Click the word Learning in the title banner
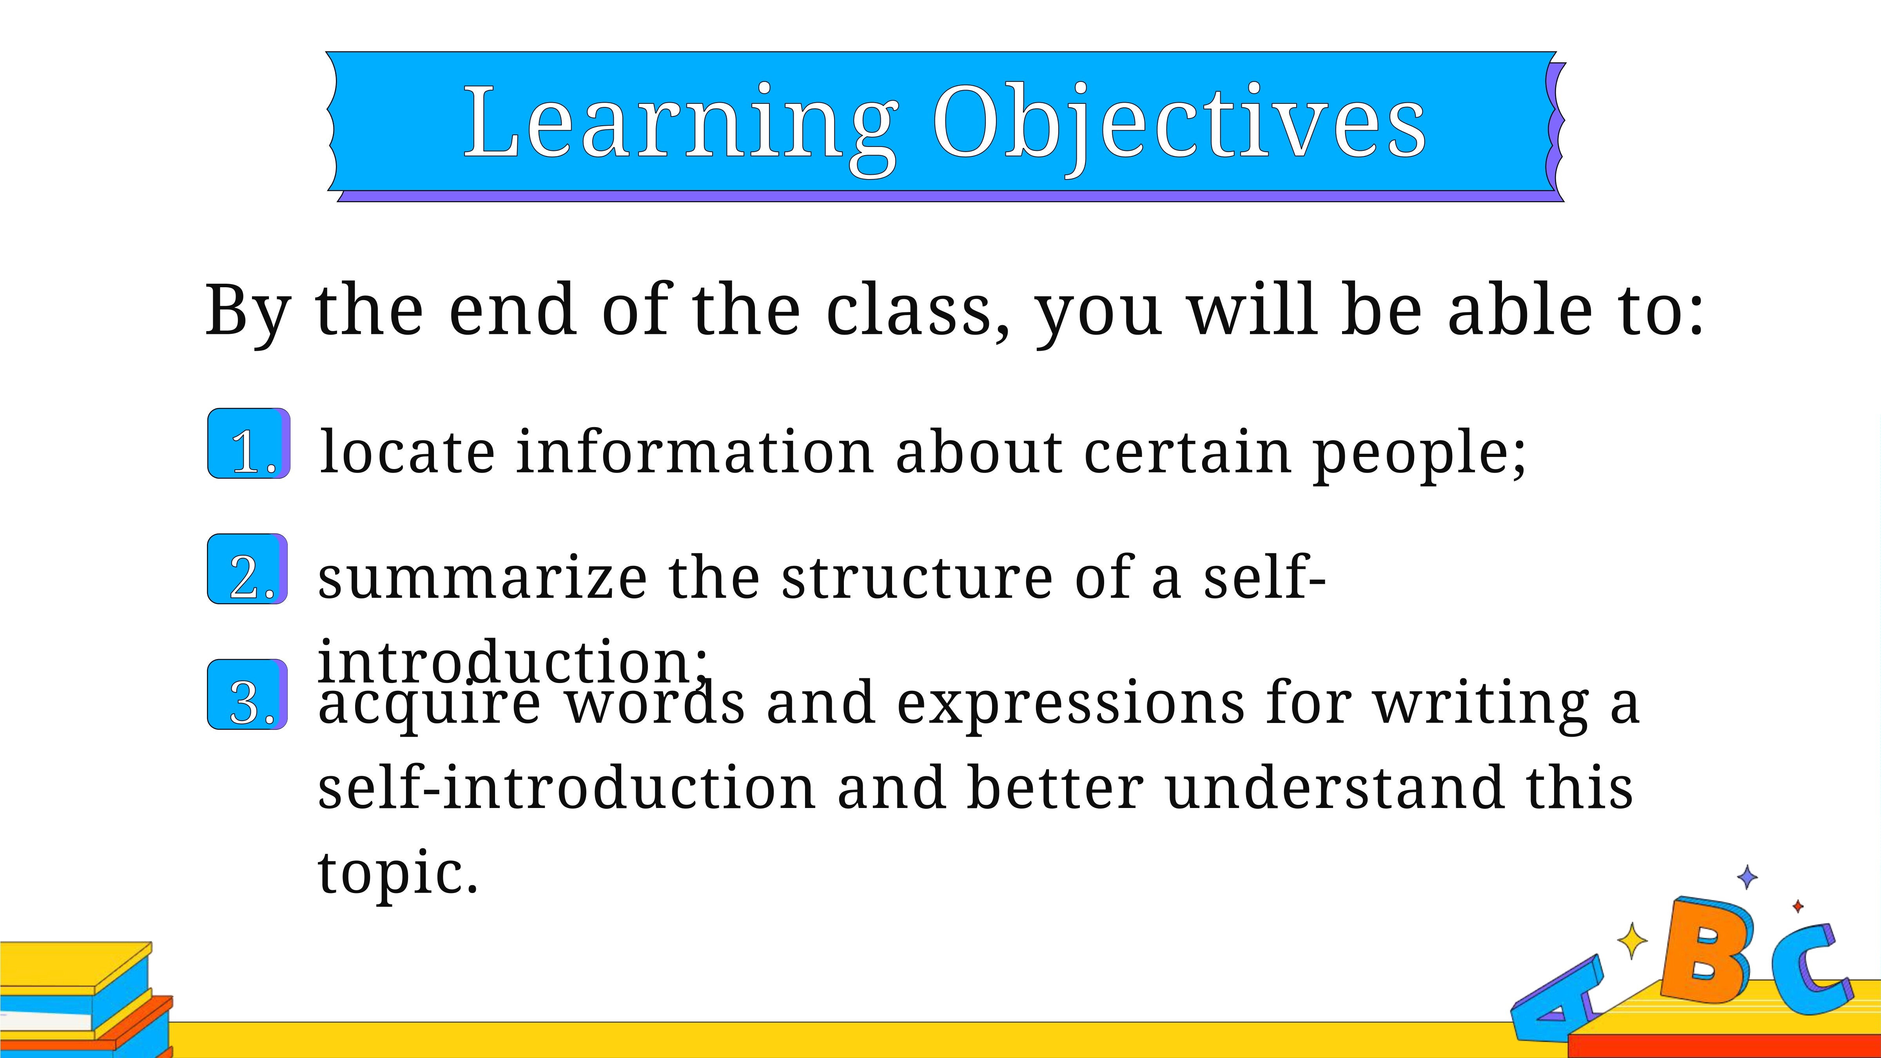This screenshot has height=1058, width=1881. click(x=680, y=128)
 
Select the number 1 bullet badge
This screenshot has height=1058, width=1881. click(x=249, y=443)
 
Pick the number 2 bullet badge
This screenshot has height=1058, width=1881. click(x=248, y=569)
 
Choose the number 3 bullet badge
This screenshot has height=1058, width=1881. click(x=248, y=694)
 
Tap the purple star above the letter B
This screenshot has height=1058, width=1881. click(x=1747, y=877)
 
